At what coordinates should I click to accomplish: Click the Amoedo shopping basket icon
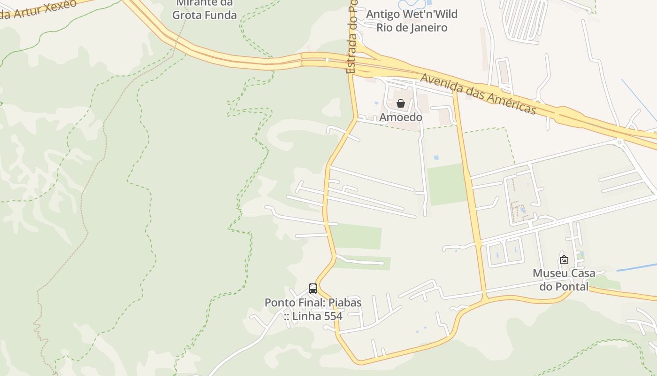[401, 103]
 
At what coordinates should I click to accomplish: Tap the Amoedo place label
[401, 117]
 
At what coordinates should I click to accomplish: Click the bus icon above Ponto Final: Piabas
[313, 289]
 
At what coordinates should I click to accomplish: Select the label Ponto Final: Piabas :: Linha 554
[313, 309]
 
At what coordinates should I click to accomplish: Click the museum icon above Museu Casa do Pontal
[564, 259]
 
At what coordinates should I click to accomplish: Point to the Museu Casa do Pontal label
[564, 280]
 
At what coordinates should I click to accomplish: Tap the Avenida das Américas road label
[478, 94]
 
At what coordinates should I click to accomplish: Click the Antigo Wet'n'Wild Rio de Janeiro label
[412, 21]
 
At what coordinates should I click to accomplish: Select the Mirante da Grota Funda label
[205, 9]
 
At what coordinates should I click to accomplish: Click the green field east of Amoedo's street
[447, 184]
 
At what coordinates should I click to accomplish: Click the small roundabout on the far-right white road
[619, 142]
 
